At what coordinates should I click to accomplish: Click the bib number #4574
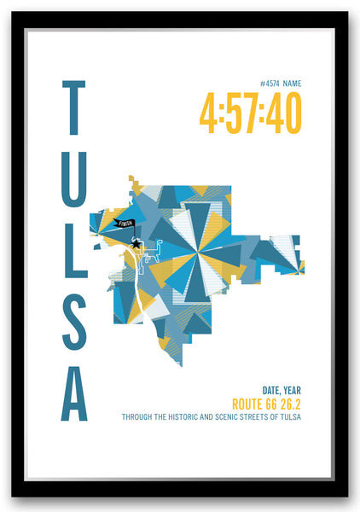(270, 84)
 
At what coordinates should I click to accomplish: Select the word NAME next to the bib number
(292, 84)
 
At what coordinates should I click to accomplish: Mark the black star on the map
(136, 244)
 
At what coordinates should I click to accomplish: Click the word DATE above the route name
(263, 390)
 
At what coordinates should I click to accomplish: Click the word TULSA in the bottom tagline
(292, 417)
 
